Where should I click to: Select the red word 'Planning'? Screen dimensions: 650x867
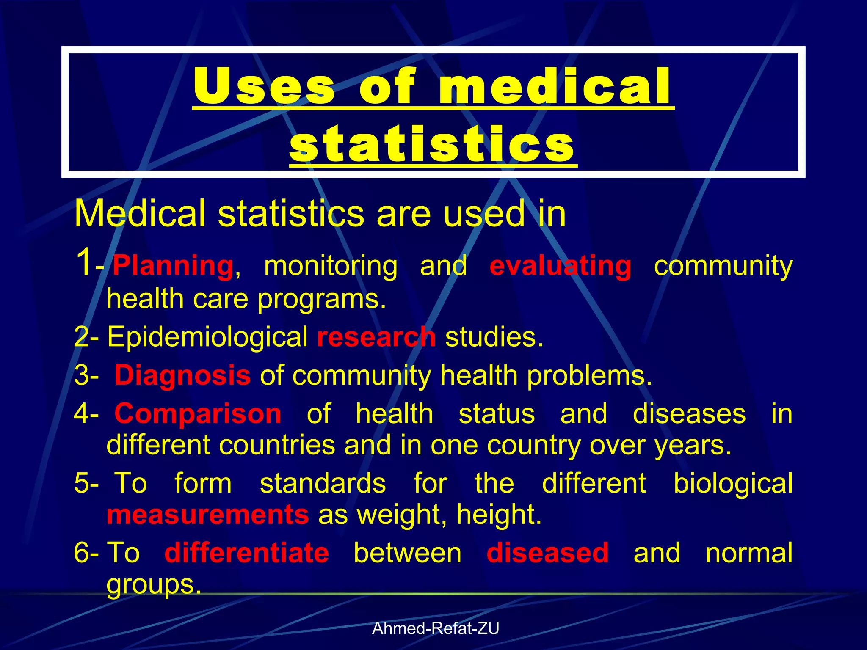click(173, 266)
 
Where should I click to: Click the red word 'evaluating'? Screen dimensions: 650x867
click(560, 266)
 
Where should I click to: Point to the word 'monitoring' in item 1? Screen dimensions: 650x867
click(331, 266)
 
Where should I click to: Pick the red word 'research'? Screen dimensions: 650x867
click(376, 337)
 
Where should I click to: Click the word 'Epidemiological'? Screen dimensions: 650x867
click(207, 337)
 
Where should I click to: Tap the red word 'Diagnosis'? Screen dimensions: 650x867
click(182, 375)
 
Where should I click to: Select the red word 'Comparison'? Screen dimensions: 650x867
click(198, 413)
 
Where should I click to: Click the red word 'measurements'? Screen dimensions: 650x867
click(208, 515)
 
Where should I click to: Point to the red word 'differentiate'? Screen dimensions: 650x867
click(247, 553)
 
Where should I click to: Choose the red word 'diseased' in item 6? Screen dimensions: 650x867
click(548, 553)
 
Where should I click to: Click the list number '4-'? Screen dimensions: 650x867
click(86, 413)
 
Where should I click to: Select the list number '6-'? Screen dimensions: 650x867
click(86, 553)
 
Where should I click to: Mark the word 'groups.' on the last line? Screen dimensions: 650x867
click(154, 585)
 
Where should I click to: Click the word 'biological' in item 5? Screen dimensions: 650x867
click(733, 483)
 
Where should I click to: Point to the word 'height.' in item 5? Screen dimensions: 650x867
click(499, 515)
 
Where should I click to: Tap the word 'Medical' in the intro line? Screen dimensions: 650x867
click(140, 214)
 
